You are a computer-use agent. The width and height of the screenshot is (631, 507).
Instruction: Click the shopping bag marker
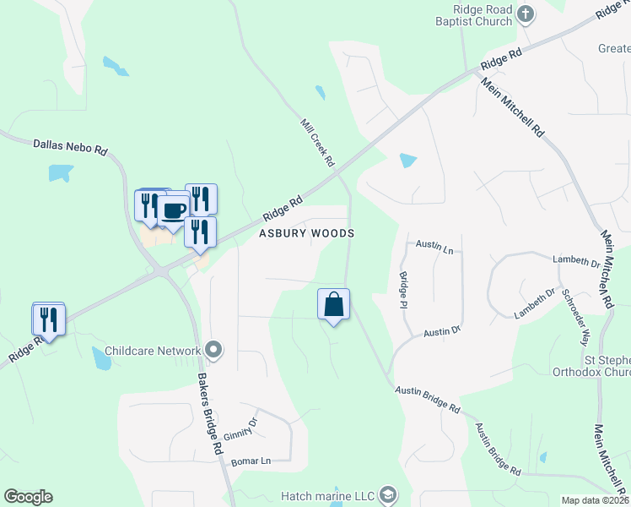tap(333, 304)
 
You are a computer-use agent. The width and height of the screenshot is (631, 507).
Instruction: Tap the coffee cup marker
tap(174, 210)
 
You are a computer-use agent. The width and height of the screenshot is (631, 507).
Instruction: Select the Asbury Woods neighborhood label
tap(306, 233)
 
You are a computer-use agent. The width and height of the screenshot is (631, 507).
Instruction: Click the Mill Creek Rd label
tap(318, 142)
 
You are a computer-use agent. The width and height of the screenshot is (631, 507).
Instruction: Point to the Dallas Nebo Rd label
tap(70, 146)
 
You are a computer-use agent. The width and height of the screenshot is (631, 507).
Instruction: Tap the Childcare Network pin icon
tap(213, 350)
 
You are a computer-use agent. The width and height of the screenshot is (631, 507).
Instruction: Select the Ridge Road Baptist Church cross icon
tap(526, 14)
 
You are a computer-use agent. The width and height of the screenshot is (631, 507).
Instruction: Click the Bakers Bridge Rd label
tap(209, 412)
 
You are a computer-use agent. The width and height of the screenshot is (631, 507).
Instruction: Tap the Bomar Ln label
tap(252, 461)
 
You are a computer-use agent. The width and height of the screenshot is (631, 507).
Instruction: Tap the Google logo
tap(28, 497)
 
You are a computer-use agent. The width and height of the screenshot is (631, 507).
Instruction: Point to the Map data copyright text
tap(596, 500)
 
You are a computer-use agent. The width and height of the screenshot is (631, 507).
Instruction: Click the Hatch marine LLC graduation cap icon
tap(388, 494)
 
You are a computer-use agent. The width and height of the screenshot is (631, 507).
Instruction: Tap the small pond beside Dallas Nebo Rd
tap(61, 173)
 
